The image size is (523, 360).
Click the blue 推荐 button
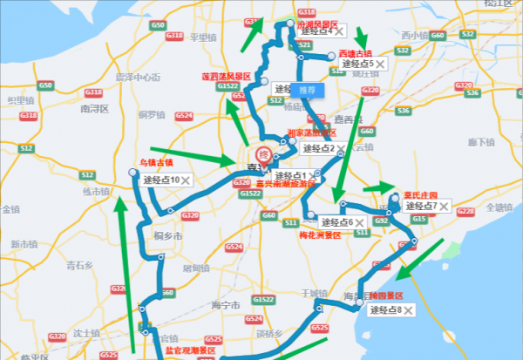pos(307,89)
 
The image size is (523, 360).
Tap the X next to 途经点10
pos(186,180)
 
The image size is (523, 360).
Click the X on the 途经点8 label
pos(408,310)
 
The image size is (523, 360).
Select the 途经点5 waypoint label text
pos(357,64)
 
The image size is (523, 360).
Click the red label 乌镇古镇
pos(156,163)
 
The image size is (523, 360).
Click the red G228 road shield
pos(465,212)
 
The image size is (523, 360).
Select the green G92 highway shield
pos(381,221)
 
